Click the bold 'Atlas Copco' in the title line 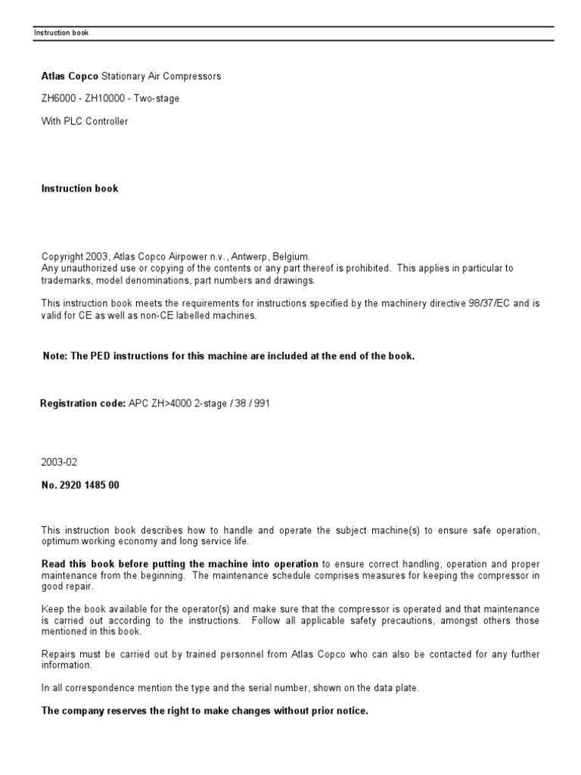click(x=70, y=76)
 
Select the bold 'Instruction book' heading click(x=79, y=188)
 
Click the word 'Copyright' click(x=61, y=257)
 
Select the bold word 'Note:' click(x=55, y=356)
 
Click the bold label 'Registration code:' click(x=82, y=403)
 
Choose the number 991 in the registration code click(x=261, y=403)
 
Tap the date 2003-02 click(x=59, y=462)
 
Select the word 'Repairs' click(x=58, y=654)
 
